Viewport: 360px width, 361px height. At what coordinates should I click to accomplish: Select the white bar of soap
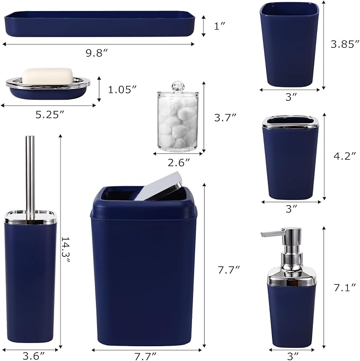tap(47, 76)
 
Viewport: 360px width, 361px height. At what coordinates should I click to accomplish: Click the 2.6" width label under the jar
tap(178, 161)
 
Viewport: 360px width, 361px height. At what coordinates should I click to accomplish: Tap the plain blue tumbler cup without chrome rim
tap(290, 45)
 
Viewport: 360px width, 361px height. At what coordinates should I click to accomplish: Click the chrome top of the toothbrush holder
tap(290, 122)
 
